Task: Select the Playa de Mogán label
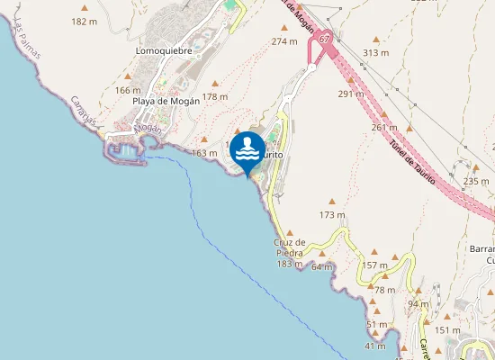166,101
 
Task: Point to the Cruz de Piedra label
290,247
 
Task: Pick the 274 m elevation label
284,41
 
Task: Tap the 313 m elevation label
375,53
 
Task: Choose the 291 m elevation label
351,94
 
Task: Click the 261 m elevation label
383,127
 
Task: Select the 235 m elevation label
475,181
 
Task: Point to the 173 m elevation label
332,215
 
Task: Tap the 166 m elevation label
128,90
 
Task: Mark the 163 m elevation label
204,154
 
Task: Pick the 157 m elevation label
374,265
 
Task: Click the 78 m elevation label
384,290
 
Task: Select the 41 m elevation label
375,346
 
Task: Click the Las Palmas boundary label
27,43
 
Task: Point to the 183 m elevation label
289,264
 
